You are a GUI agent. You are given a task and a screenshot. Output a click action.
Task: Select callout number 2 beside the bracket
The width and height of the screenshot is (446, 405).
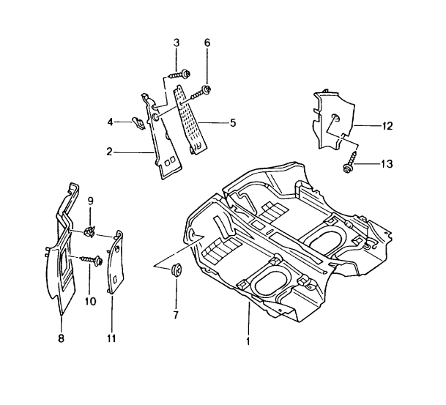[109, 152]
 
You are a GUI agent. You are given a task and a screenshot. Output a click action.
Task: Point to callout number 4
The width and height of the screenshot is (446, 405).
[111, 122]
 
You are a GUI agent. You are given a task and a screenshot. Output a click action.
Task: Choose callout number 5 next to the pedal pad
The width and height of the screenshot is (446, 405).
[232, 123]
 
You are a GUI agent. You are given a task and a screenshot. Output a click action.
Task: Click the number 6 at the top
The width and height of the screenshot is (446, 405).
[207, 44]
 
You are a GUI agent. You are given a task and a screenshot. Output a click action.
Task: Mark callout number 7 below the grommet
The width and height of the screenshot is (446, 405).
[176, 314]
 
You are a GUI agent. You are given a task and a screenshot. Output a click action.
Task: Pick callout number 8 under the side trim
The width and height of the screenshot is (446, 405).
[61, 338]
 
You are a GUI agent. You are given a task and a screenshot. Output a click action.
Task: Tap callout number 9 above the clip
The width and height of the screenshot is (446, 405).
[91, 201]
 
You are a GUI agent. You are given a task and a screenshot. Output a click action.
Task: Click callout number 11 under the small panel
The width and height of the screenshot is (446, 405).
[112, 338]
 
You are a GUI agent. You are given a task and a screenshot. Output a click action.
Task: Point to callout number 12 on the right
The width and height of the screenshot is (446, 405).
[387, 126]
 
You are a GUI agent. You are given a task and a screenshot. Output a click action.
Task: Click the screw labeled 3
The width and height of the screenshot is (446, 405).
[179, 74]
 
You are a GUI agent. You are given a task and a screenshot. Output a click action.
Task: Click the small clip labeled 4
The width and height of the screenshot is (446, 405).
[136, 122]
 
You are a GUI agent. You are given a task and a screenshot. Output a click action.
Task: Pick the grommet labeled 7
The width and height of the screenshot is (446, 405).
[176, 270]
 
